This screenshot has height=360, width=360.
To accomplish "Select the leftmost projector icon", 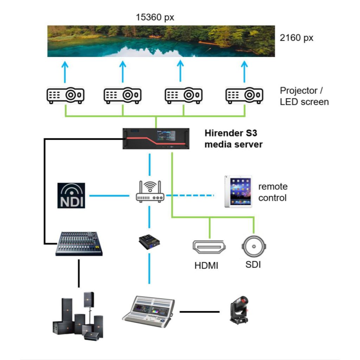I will pyautogui.click(x=65, y=95).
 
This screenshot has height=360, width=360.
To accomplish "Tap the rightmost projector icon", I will pyautogui.click(x=244, y=95).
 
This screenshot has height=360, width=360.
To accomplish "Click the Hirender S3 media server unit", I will pyautogui.click(x=156, y=139).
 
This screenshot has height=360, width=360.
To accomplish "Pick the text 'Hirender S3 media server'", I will pyautogui.click(x=233, y=139).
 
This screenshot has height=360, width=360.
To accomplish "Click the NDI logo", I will pyautogui.click(x=71, y=195).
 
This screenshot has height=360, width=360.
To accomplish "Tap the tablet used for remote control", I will pyautogui.click(x=238, y=192).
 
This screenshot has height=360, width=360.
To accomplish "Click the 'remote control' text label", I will pyautogui.click(x=273, y=192).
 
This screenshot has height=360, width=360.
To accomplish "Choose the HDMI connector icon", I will pyautogui.click(x=209, y=247).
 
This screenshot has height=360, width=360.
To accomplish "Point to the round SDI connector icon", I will pyautogui.click(x=253, y=246).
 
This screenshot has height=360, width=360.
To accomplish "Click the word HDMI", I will pyautogui.click(x=206, y=266).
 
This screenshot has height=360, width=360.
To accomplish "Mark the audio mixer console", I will pyautogui.click(x=79, y=243).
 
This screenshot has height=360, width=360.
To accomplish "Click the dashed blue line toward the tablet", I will pyautogui.click(x=190, y=195).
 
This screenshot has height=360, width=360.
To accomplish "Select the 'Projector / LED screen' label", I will pyautogui.click(x=304, y=96).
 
